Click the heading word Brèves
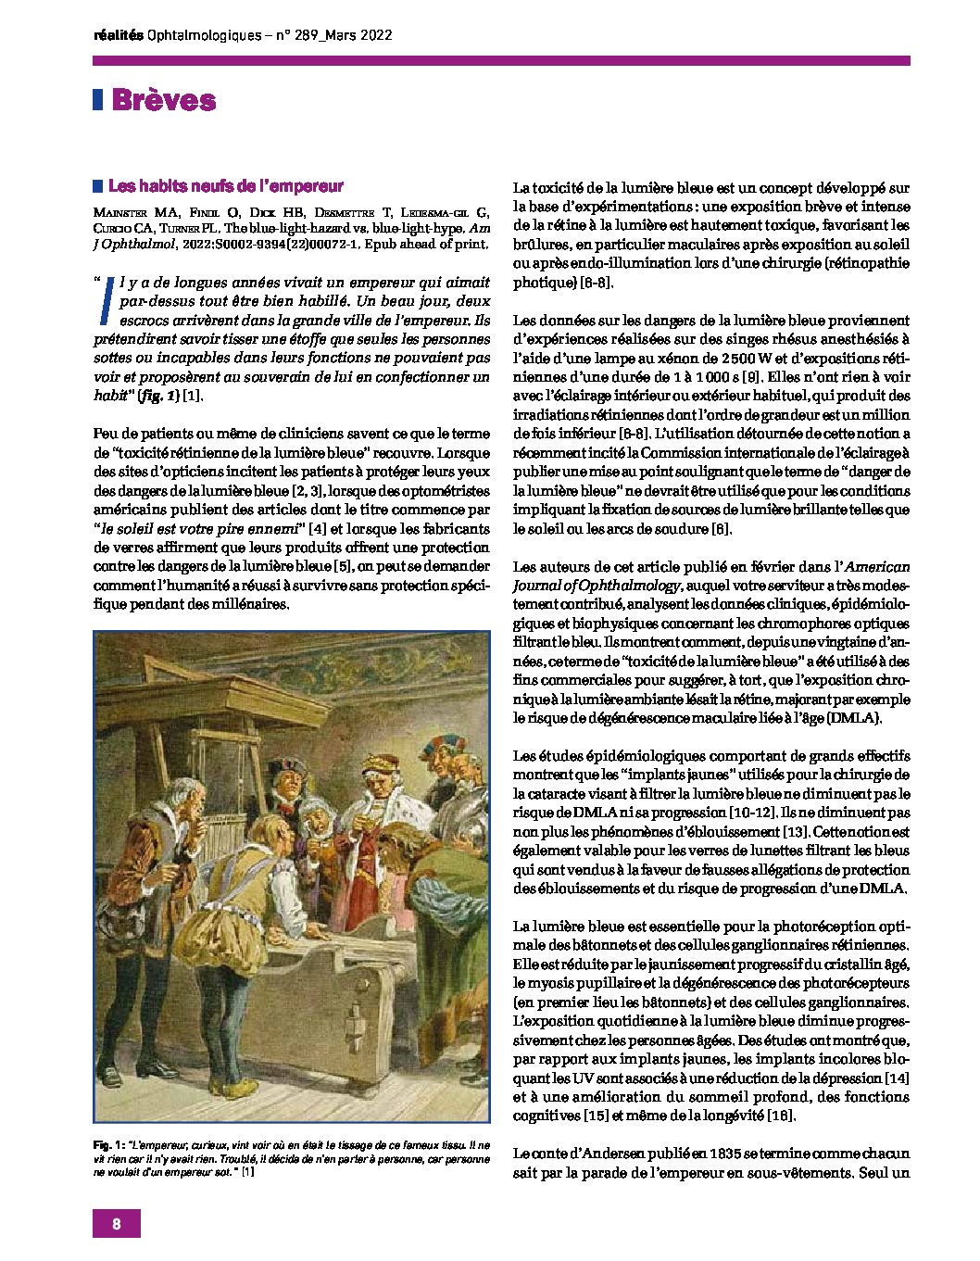164,101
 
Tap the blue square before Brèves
97,100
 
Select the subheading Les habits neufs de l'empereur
226,186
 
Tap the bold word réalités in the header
119,35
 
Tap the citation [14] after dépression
898,1078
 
